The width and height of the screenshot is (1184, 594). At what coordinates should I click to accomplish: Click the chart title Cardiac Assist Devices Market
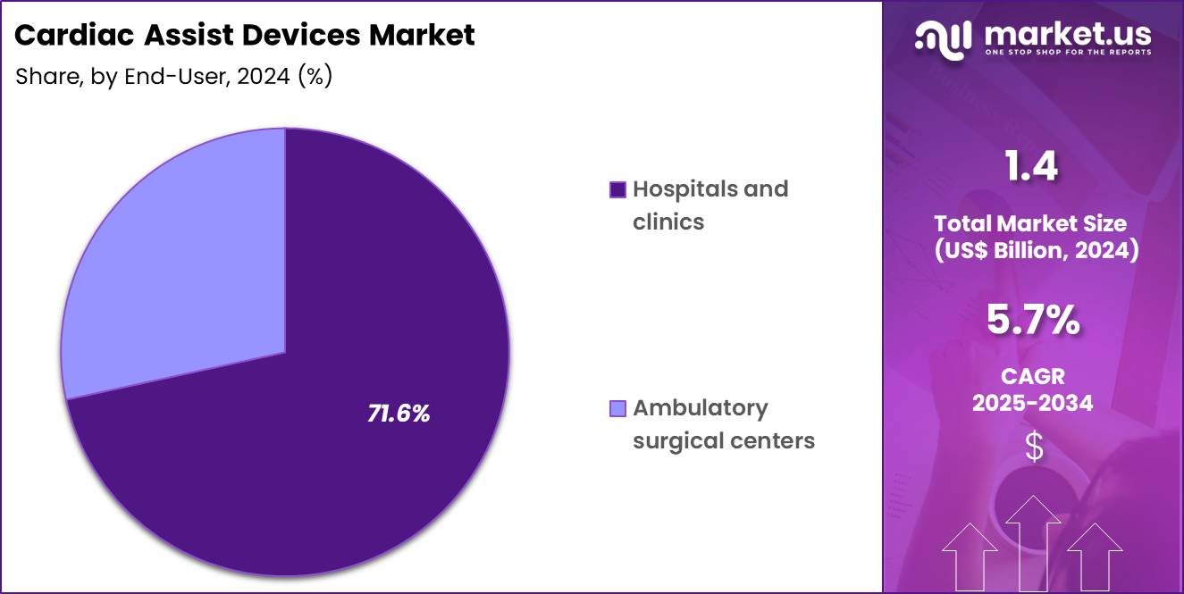(x=245, y=36)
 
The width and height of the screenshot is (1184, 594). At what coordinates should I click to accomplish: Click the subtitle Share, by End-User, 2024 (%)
(x=174, y=77)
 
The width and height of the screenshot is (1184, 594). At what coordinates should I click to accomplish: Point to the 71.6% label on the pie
(x=399, y=414)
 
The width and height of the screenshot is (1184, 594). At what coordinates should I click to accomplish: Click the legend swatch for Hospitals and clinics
(x=617, y=189)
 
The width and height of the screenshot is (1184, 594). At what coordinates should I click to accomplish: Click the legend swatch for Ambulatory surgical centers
(x=617, y=408)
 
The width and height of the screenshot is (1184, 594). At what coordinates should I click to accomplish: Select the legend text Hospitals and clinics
(x=710, y=205)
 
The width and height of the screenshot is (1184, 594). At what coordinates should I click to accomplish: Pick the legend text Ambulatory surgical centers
(x=723, y=424)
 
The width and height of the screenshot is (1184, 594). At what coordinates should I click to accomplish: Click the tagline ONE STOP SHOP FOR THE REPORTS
(x=1067, y=52)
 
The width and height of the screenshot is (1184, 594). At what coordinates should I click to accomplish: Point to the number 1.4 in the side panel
(x=1032, y=167)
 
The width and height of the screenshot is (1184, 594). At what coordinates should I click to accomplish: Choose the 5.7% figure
(x=1033, y=321)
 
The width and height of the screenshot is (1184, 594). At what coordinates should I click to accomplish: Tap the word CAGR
(x=1032, y=376)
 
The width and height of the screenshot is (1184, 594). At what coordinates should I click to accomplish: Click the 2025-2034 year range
(x=1032, y=404)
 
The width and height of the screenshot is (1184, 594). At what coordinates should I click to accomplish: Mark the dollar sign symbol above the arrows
(x=1033, y=447)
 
